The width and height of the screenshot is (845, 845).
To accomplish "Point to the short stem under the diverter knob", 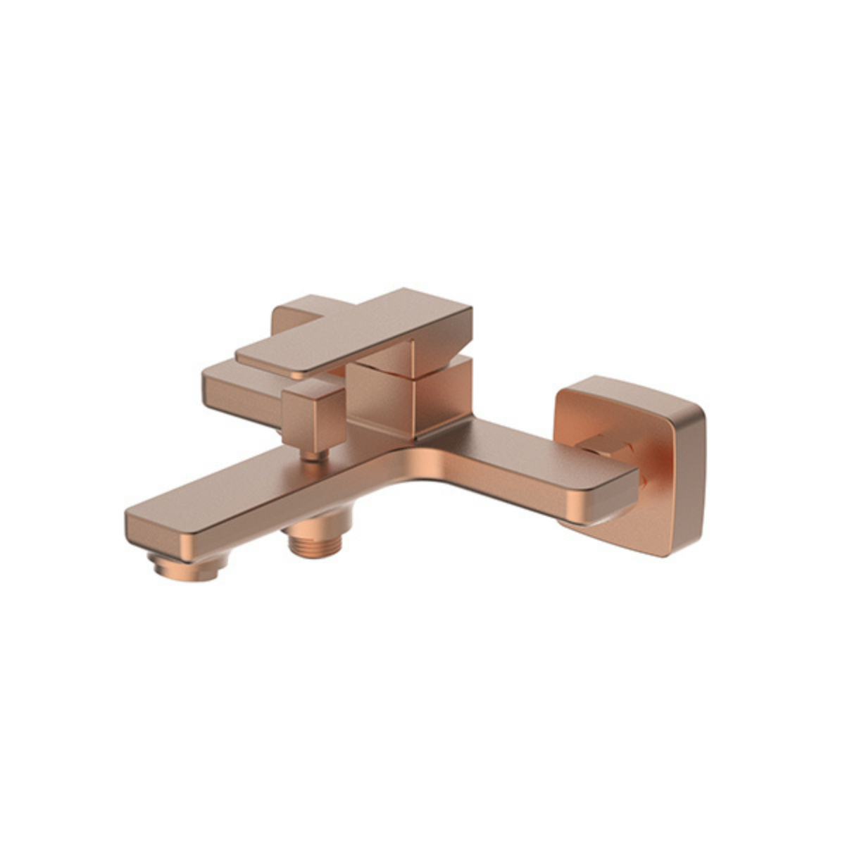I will tap(315, 456).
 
